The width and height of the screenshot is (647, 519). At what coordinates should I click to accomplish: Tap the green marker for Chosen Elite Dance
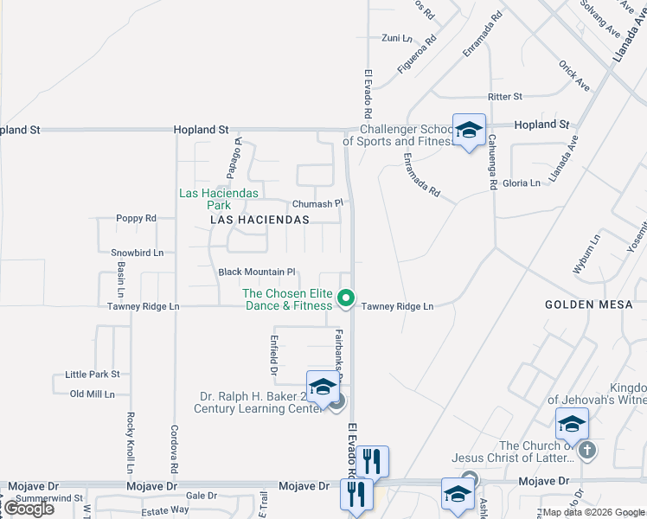click(346, 298)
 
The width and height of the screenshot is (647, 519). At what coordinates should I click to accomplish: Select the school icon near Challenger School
click(469, 131)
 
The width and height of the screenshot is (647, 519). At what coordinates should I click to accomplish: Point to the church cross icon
click(586, 450)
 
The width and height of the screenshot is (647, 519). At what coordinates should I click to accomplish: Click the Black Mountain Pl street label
click(257, 272)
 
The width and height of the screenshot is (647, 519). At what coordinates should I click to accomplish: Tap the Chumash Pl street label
click(317, 203)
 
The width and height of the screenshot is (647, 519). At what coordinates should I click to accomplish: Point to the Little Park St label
click(93, 375)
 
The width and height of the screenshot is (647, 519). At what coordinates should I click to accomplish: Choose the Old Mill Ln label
click(93, 394)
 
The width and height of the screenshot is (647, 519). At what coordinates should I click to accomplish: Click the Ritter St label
click(505, 97)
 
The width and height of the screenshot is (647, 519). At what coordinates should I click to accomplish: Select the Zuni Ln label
click(397, 38)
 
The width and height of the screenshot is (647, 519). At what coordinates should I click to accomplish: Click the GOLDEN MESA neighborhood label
click(582, 304)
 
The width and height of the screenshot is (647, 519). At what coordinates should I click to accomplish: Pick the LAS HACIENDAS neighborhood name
click(259, 221)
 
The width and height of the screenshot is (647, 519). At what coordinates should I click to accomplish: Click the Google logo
click(29, 509)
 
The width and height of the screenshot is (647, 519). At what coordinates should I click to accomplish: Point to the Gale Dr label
click(201, 496)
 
